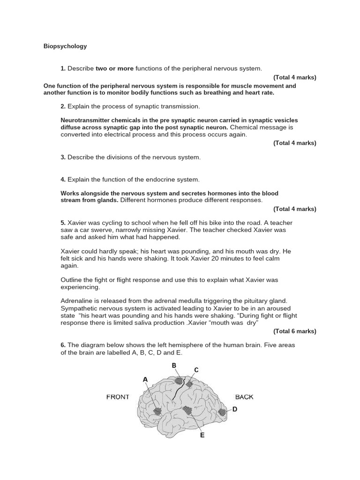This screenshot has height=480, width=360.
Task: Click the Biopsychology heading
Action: click(x=65, y=46)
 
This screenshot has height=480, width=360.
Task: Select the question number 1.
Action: click(x=63, y=68)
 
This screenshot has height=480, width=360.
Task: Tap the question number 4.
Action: click(x=63, y=180)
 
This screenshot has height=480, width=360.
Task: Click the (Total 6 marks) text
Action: click(x=295, y=331)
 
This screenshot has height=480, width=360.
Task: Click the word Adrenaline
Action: click(x=77, y=300)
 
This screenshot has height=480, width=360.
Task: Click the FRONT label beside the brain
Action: click(x=118, y=397)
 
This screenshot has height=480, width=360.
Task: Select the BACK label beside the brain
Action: click(x=244, y=397)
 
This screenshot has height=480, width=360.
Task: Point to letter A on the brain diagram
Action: click(x=145, y=379)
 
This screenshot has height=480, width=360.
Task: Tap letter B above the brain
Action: click(x=174, y=366)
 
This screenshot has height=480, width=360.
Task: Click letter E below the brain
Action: click(x=202, y=435)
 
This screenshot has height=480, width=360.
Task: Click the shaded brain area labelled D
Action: click(x=222, y=412)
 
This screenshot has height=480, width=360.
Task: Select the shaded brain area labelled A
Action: click(x=157, y=411)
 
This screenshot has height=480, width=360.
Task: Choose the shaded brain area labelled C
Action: click(x=189, y=384)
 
